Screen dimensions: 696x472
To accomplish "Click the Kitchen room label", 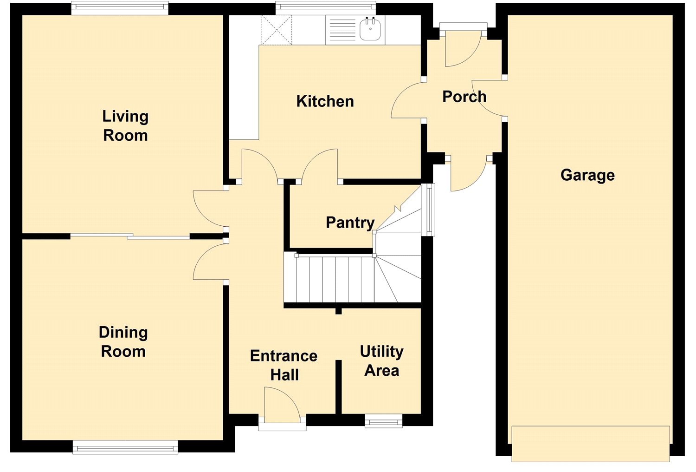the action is [x=325, y=101].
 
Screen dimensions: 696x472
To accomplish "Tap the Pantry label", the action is [x=350, y=223].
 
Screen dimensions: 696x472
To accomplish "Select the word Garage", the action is [x=587, y=175].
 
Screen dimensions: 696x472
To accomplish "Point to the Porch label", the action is [x=464, y=97].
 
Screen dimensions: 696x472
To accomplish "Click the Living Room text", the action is [x=126, y=126].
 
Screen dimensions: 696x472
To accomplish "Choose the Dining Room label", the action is [x=123, y=342].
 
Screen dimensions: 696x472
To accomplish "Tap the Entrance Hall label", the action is [x=284, y=365].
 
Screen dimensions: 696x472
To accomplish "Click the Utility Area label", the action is [x=381, y=361].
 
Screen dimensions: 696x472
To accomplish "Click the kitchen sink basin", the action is [x=370, y=29].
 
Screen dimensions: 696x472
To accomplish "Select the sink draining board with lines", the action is [x=342, y=30].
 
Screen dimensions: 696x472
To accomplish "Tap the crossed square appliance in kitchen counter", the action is [x=277, y=30].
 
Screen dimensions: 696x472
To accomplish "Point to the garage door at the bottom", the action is [x=591, y=444].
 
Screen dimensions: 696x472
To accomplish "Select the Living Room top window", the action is [x=120, y=8].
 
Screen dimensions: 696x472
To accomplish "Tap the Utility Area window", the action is [x=383, y=420].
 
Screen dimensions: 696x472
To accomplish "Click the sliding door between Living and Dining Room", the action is [x=130, y=236].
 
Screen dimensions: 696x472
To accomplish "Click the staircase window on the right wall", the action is [x=430, y=210].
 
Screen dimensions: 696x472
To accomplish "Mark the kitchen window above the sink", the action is [x=326, y=8].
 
